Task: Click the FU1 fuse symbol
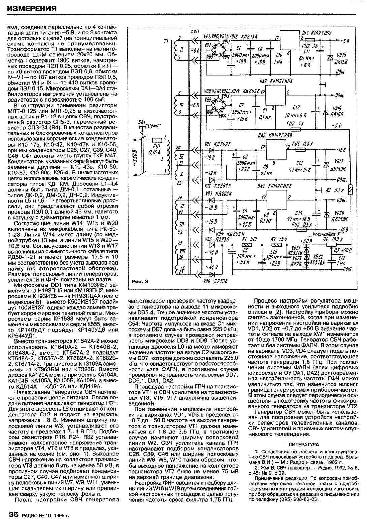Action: pos(157,140)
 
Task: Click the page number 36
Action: pos(13,514)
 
